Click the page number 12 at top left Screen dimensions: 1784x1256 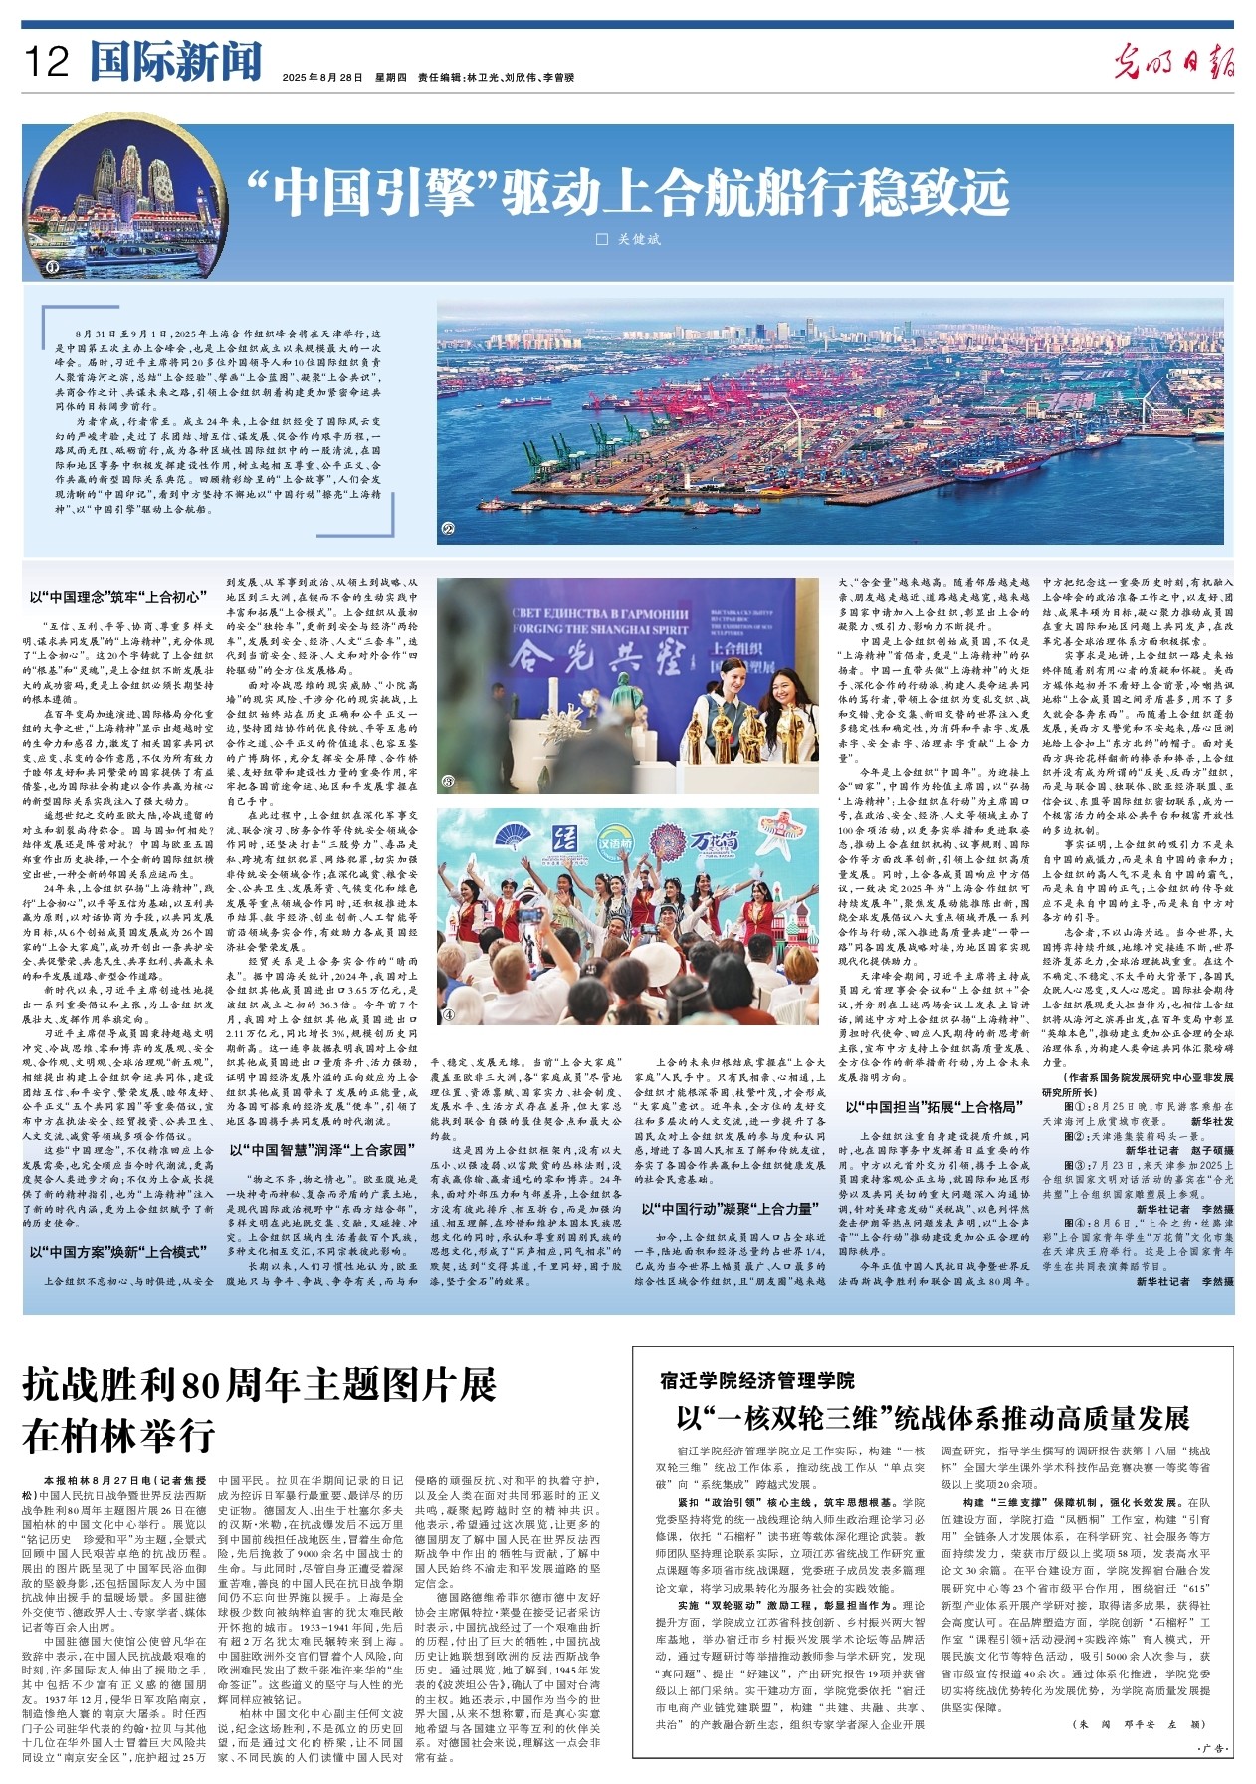[47, 62]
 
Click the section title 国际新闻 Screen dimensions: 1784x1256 [175, 62]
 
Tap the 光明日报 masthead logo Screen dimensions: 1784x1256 [1174, 62]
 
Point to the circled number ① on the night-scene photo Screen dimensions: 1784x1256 [52, 266]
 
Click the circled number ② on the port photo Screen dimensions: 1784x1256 [448, 530]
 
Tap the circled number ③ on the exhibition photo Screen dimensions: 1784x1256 [448, 780]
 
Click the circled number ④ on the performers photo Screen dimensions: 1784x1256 [448, 1014]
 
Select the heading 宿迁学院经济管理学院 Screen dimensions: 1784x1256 [756, 1381]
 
